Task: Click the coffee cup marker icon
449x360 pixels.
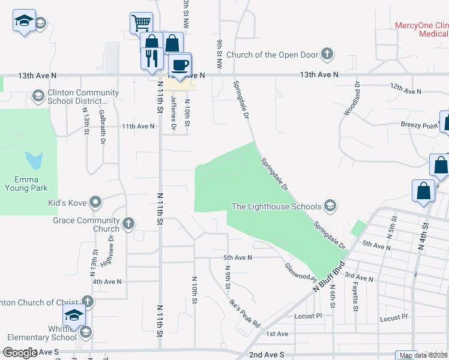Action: pos(179,64)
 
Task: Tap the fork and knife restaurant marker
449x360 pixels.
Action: pos(150,58)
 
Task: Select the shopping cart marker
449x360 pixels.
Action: pos(140,23)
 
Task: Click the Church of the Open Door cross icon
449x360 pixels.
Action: pos(327,55)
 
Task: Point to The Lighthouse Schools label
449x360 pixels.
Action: pos(277,207)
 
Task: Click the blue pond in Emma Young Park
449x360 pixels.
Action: pos(34,160)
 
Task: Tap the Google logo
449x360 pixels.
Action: pos(20,353)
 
